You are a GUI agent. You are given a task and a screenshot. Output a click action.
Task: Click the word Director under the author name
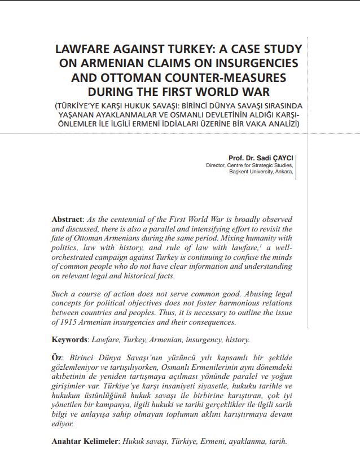point(216,165)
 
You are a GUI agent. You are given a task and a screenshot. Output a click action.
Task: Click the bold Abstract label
point(67,219)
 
